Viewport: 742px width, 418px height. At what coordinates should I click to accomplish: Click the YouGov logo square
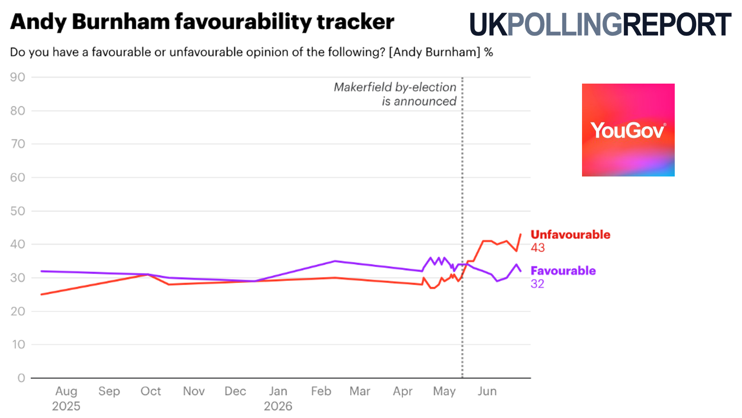628,130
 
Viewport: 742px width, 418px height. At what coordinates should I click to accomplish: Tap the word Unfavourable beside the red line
570,235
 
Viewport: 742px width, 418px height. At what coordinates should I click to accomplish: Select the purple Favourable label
563,271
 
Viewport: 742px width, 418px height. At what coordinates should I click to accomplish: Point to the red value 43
537,248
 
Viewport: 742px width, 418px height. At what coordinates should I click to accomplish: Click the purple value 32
537,284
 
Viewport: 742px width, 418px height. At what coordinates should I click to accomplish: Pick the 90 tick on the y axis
18,77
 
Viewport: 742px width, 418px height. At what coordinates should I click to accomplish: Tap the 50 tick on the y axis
18,211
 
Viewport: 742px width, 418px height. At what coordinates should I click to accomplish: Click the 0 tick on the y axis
21,378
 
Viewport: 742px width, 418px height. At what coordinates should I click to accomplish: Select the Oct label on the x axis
151,391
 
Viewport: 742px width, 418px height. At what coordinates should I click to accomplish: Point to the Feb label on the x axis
321,391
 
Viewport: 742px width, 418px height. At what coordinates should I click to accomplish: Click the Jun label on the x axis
487,391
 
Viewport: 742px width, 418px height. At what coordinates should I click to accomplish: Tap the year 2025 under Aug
66,406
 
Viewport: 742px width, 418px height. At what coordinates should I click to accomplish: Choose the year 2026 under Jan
278,406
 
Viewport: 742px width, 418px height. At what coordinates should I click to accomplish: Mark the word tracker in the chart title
355,22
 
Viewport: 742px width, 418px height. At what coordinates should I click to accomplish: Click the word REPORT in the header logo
677,25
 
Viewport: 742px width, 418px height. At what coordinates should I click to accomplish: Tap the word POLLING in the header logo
564,25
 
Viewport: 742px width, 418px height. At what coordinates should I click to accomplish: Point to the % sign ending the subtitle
488,52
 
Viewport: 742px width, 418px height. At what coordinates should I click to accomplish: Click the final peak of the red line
520,235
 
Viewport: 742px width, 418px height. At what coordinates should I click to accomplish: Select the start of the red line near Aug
41,294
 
